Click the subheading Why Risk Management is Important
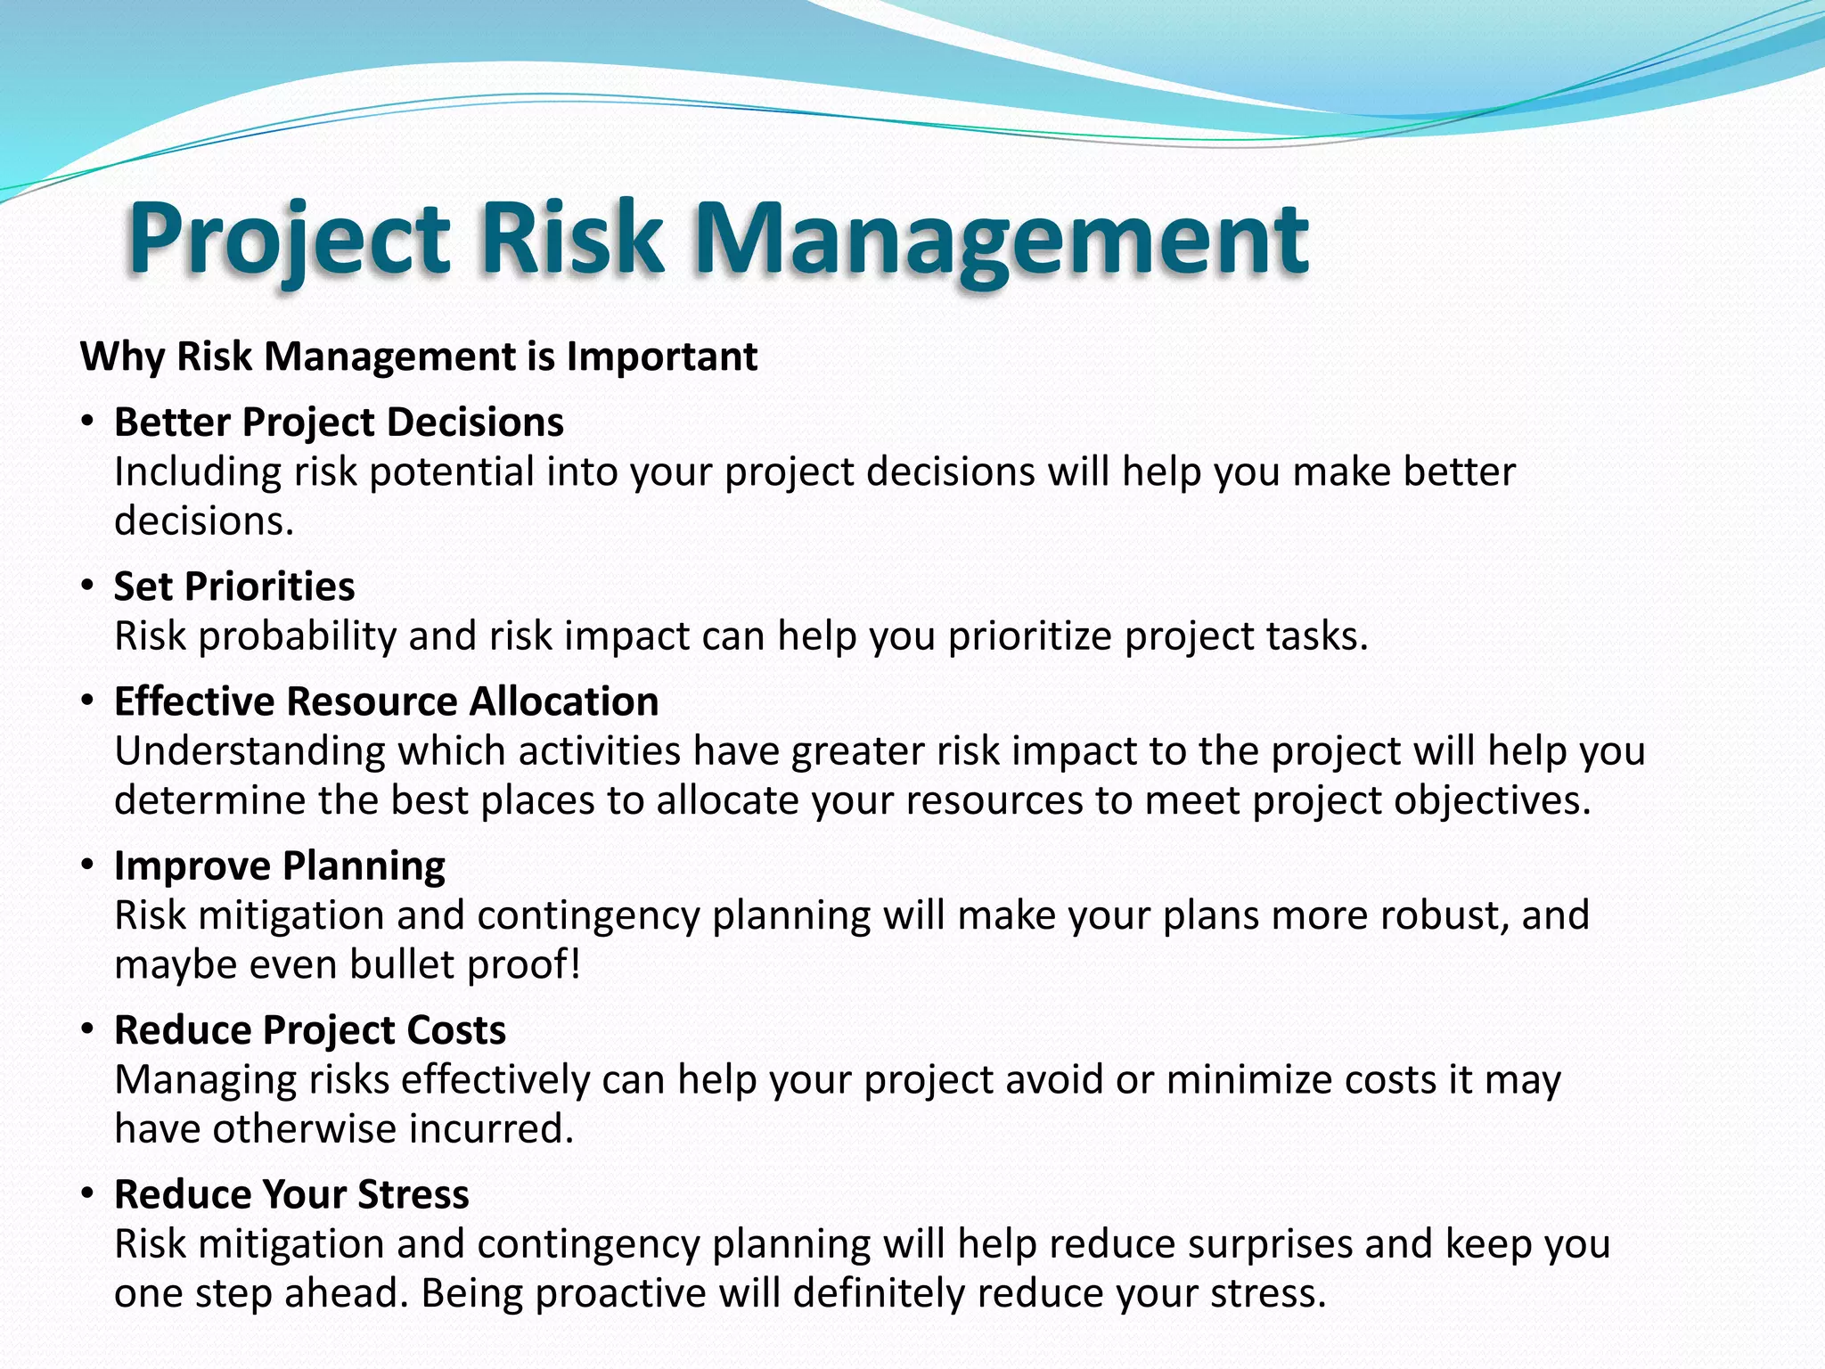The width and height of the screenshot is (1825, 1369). click(419, 357)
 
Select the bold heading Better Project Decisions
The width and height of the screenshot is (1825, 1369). click(339, 422)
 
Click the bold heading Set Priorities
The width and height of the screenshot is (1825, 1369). click(234, 586)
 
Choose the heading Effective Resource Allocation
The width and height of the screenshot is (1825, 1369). click(386, 701)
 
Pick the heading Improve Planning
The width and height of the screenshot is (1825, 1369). click(280, 866)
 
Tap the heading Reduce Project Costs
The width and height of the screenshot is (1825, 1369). click(310, 1030)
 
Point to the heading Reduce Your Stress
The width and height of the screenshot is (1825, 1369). click(291, 1194)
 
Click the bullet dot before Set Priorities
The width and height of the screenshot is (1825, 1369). click(86, 586)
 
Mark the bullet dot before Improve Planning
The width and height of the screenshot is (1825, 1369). click(86, 865)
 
